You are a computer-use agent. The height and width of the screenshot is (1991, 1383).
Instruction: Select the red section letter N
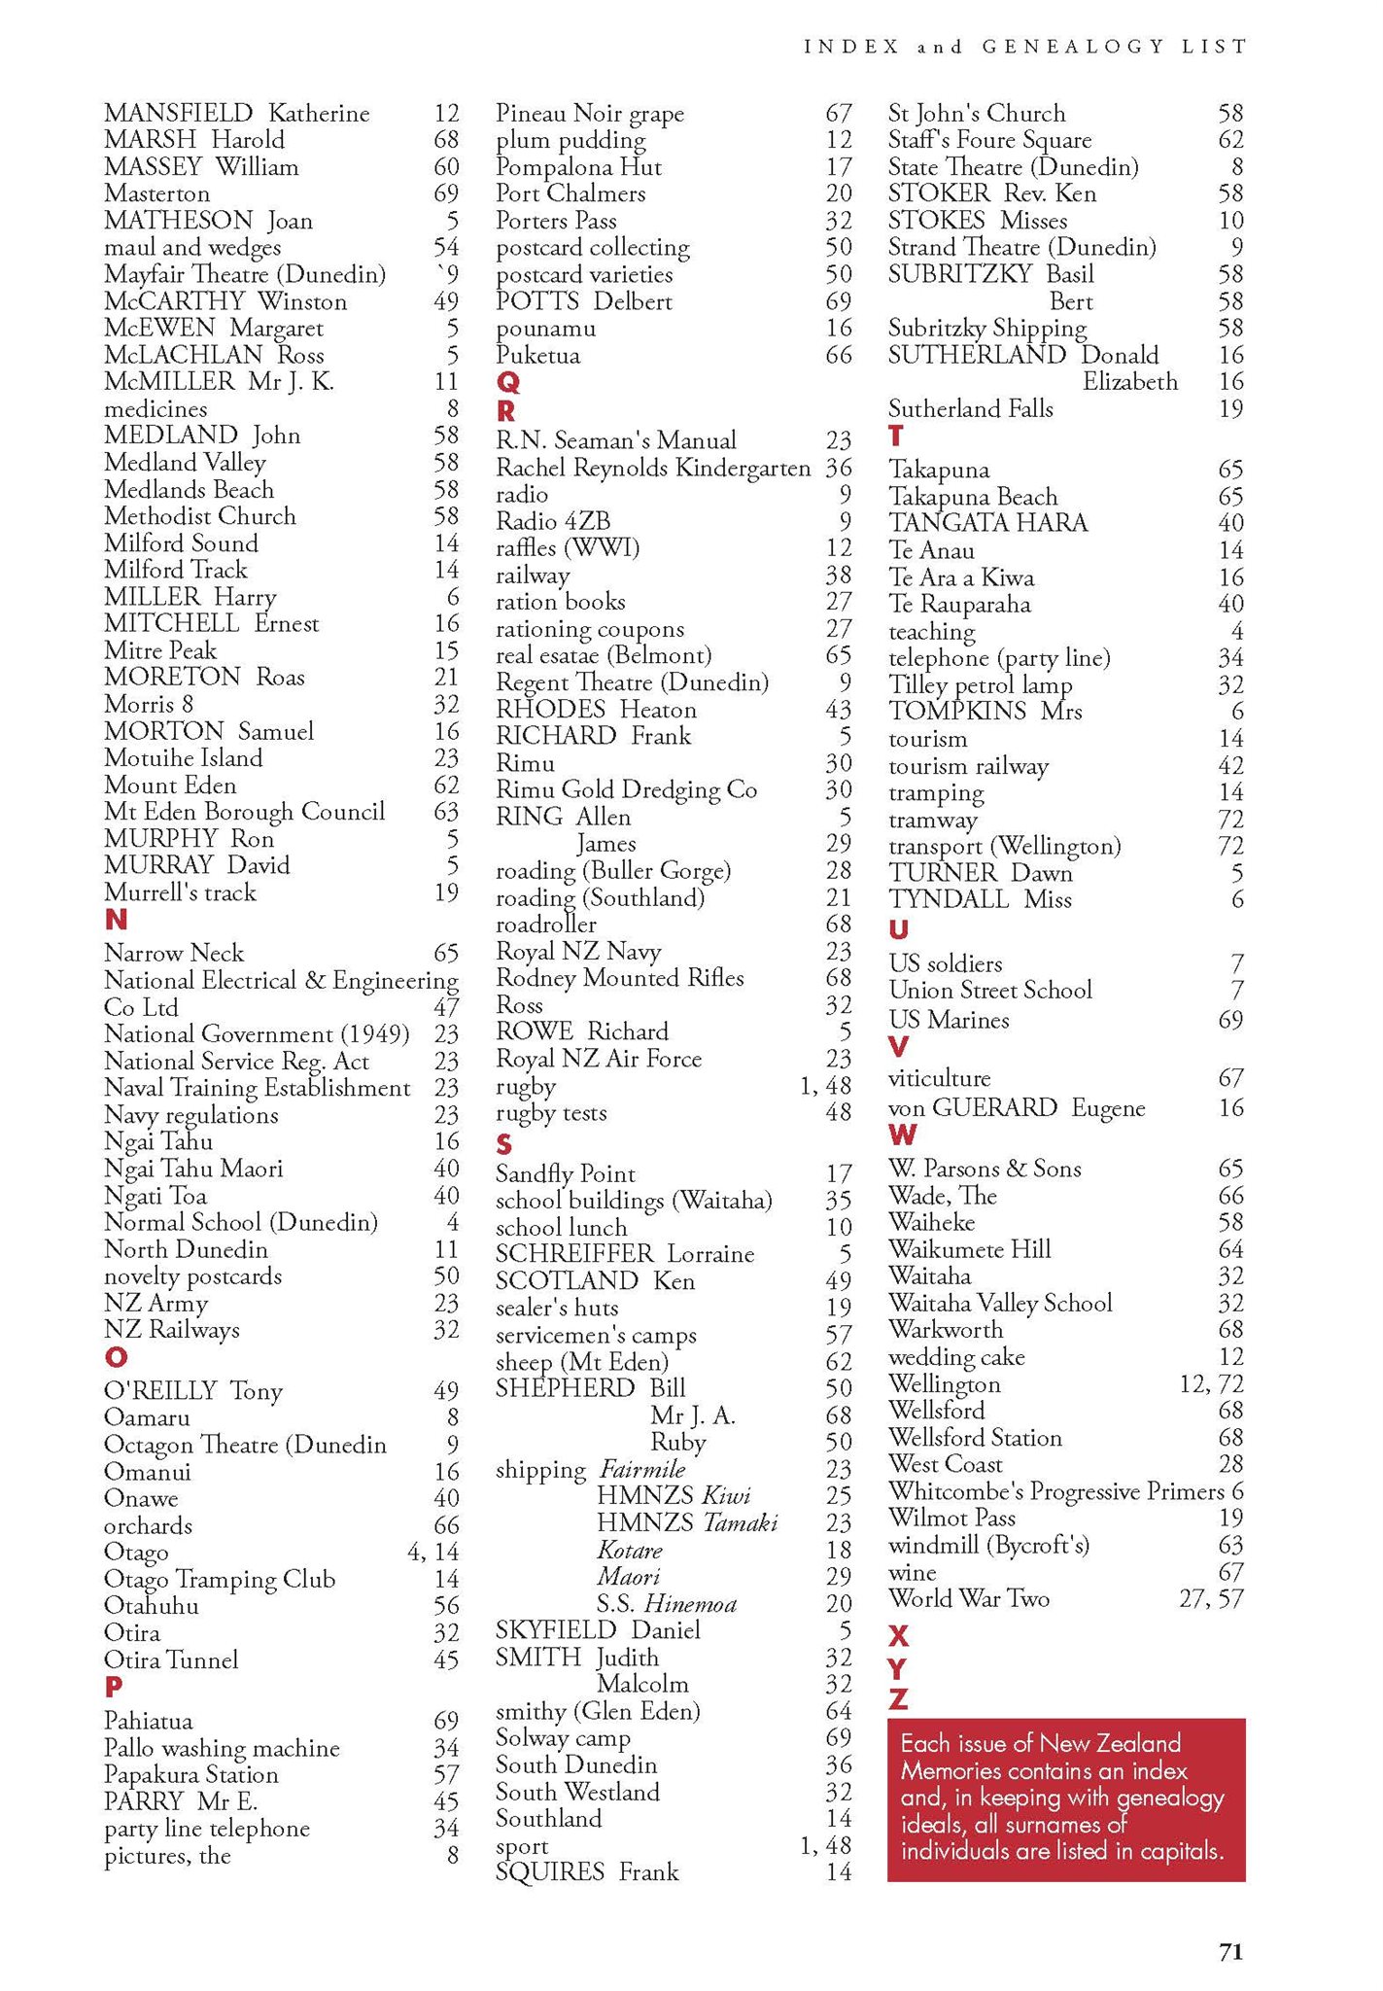pyautogui.click(x=116, y=920)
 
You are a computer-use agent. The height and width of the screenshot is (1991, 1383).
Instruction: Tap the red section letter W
pyautogui.click(x=902, y=1135)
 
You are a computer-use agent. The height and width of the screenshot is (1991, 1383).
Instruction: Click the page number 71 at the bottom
pyautogui.click(x=1230, y=1951)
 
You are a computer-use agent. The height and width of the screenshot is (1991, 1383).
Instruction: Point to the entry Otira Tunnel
pyautogui.click(x=171, y=1659)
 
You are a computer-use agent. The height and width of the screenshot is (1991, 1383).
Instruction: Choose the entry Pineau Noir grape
pyautogui.click(x=590, y=114)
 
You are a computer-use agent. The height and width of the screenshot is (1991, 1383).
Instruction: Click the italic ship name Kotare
pyautogui.click(x=630, y=1550)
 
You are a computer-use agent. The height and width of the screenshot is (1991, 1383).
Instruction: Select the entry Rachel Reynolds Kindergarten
pyautogui.click(x=653, y=468)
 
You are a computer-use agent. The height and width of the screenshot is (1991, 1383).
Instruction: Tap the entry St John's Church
pyautogui.click(x=977, y=114)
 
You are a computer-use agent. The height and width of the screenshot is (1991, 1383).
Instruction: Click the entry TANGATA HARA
pyautogui.click(x=988, y=523)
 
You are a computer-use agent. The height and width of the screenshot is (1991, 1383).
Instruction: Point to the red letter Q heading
pyautogui.click(x=507, y=382)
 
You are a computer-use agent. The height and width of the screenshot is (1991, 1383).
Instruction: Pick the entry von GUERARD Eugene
pyautogui.click(x=1017, y=1107)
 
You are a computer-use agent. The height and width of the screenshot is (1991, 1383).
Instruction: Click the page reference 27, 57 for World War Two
pyautogui.click(x=1210, y=1598)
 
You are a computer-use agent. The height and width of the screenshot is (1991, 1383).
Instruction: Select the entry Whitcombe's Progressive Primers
pyautogui.click(x=1055, y=1491)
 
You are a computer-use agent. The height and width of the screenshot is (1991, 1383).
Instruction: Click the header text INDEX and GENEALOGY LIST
pyautogui.click(x=1024, y=47)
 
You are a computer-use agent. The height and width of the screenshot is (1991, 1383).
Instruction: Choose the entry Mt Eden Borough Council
pyautogui.click(x=244, y=812)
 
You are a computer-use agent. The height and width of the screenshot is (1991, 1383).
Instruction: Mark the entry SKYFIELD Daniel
pyautogui.click(x=598, y=1630)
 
